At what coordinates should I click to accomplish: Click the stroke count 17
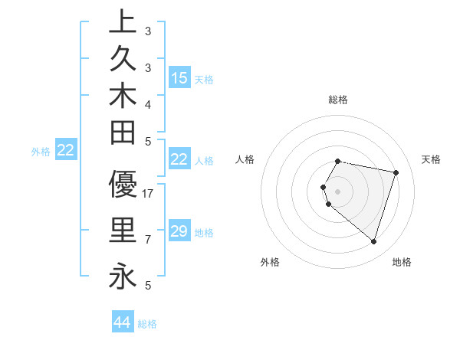coord(149,195)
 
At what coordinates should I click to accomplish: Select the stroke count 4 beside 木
coord(148,104)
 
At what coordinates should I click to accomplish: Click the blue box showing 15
coord(179,77)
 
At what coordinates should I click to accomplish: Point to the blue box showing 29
coord(179,231)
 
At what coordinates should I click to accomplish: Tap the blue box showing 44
coord(123,322)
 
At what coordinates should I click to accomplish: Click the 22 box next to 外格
coord(66,150)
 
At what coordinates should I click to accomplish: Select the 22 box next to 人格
coord(179,159)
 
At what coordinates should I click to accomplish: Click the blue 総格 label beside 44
coord(147,324)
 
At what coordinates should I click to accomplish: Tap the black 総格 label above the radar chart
coord(337,100)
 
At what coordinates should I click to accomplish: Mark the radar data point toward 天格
coord(396,172)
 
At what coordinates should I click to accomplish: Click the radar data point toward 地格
coord(373,241)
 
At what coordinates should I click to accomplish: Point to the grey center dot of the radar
coord(337,191)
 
